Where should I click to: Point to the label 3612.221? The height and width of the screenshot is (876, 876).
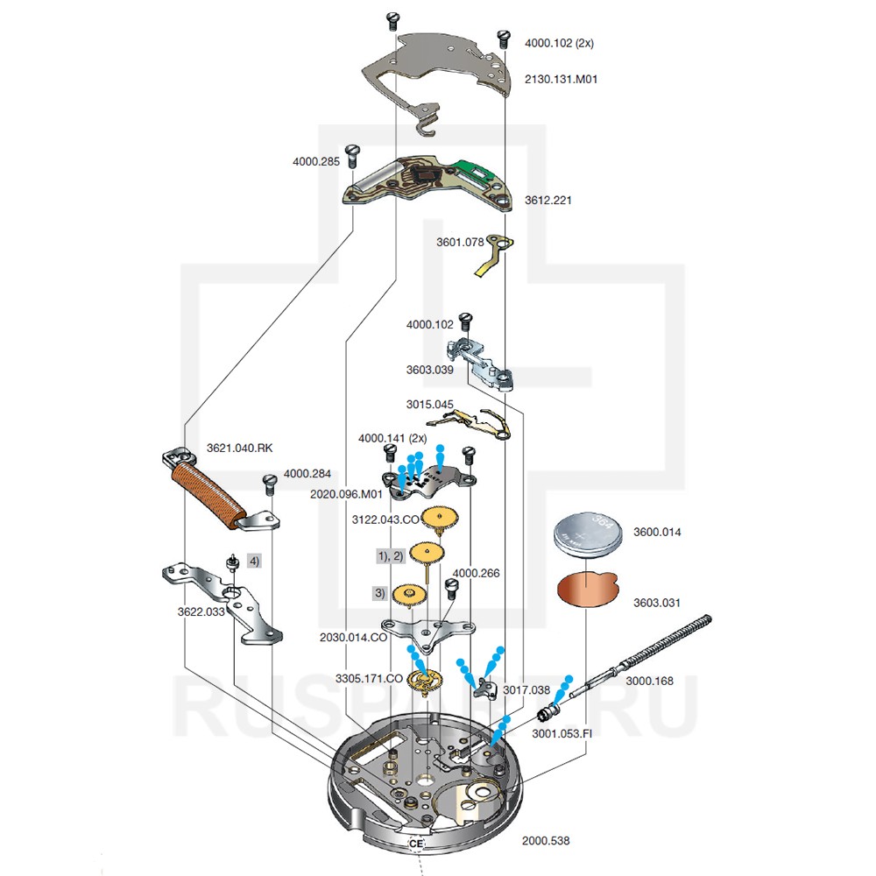tap(548, 201)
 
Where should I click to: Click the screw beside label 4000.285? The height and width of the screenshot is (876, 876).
tap(352, 156)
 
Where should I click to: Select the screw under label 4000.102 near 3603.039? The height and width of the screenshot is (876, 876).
tap(466, 321)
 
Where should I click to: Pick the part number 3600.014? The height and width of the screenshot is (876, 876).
tap(656, 532)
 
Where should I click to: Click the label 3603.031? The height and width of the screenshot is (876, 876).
tap(656, 603)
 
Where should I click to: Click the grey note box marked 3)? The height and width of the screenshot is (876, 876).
tap(379, 593)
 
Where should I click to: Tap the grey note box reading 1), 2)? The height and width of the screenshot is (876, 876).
tap(390, 556)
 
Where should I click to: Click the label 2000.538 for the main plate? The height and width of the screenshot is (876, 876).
tap(545, 840)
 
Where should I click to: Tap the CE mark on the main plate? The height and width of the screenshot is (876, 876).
tap(415, 843)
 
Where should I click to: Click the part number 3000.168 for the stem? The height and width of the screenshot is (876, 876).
tap(648, 681)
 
